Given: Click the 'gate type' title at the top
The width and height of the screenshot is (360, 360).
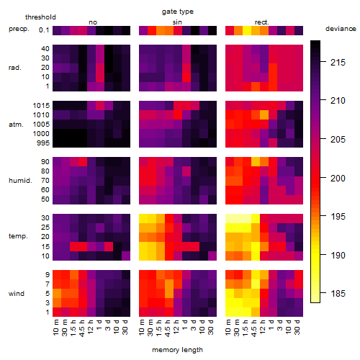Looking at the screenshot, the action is point(178,12).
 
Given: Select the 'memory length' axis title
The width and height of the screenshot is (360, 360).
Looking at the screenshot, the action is point(177,350).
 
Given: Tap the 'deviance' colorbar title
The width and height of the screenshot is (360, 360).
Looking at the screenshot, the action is point(341,29).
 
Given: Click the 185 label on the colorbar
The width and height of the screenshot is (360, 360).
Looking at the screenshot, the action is point(338,293).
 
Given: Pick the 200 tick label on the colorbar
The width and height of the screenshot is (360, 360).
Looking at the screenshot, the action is point(338,178).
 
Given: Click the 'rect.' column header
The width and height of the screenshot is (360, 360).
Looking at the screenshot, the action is point(261,22).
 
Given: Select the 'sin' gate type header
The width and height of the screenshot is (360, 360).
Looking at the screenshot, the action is point(177,22).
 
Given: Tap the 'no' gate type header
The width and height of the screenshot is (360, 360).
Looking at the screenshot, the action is point(93,22).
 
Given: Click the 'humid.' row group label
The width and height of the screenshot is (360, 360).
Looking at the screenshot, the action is point(20,181).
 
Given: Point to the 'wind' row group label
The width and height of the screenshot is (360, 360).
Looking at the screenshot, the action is point(17,294).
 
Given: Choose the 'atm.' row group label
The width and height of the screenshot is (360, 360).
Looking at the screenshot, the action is point(16,125).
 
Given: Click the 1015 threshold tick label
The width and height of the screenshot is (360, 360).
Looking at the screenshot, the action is point(41,106).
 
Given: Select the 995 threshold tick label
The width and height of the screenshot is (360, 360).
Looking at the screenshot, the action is point(43,143).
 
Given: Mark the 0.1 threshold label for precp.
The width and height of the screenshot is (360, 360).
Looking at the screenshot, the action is point(44,30).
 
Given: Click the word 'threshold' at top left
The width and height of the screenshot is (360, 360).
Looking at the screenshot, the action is point(40,17).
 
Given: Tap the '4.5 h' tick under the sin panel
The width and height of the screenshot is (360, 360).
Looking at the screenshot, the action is point(168,328).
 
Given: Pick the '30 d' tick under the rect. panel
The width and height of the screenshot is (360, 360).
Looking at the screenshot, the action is point(297,327).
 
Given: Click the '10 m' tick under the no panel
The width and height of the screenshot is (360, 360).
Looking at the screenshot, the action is point(55,328).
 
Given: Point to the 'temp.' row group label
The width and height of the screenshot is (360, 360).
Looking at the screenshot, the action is point(18,236).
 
